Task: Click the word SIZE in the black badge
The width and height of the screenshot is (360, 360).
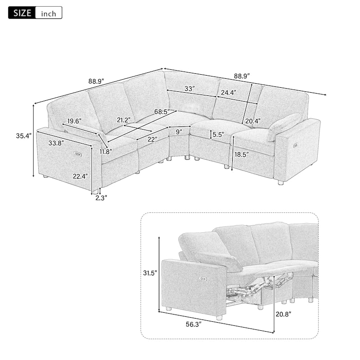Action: tap(22, 13)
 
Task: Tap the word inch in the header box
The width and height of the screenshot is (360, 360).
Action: tap(49, 14)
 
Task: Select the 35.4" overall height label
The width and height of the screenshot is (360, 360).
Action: tap(24, 136)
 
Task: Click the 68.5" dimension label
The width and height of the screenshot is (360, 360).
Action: tap(162, 112)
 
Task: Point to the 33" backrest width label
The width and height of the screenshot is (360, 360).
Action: tap(189, 88)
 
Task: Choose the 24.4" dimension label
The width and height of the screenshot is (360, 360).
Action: tap(229, 93)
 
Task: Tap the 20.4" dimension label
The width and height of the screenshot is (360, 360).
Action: tap(253, 121)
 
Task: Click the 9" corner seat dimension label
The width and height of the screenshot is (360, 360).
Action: tap(179, 132)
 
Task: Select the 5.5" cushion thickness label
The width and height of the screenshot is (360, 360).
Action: tap(218, 135)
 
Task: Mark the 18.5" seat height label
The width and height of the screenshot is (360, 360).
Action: tap(242, 154)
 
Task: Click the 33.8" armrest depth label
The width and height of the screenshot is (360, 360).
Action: tap(56, 143)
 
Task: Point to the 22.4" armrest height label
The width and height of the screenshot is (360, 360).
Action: tap(81, 176)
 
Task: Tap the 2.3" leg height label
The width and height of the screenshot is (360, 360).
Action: tap(101, 198)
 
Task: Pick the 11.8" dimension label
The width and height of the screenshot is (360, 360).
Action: tap(106, 151)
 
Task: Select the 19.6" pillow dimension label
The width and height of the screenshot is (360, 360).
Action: tap(74, 121)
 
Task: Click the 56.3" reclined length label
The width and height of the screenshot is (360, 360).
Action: tap(193, 324)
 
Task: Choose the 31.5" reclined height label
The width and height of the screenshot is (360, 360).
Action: tap(150, 273)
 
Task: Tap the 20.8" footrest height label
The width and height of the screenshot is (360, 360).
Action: tap(283, 314)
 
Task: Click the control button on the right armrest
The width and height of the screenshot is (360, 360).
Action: tap(296, 145)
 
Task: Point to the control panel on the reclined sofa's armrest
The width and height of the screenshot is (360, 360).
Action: tap(203, 279)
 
